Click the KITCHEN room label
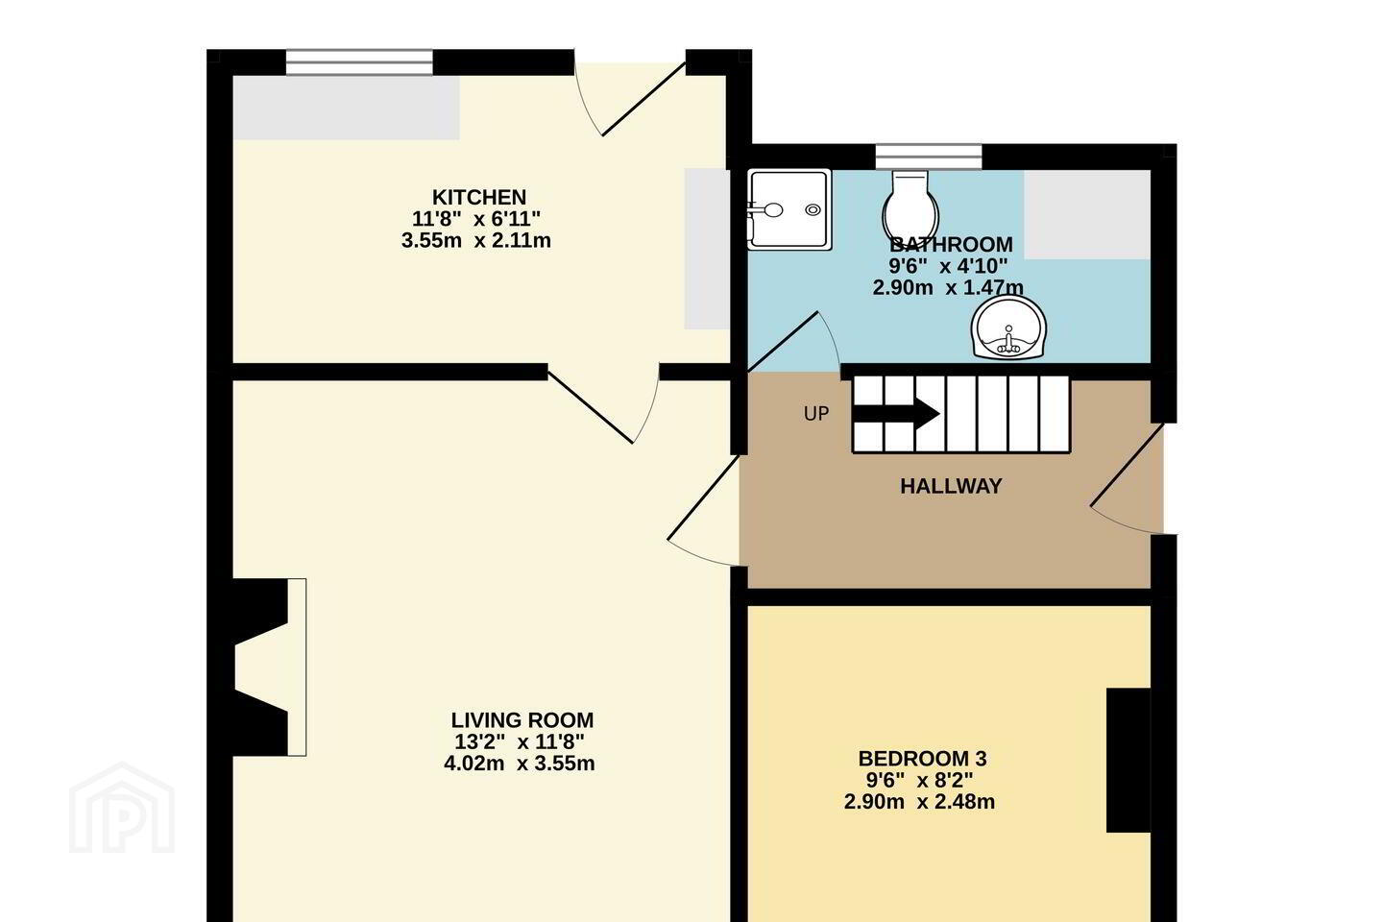click(479, 198)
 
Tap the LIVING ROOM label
click(522, 720)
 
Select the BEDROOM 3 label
click(922, 759)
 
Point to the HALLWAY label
click(951, 487)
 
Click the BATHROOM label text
click(951, 245)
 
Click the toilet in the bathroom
click(910, 206)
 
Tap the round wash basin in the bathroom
click(1008, 328)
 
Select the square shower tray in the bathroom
click(789, 209)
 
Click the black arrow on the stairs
click(896, 414)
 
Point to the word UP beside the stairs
click(816, 414)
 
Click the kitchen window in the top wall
click(359, 62)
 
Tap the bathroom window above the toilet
click(929, 157)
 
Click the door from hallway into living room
click(704, 510)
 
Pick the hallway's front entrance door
click(1128, 478)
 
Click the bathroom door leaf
click(783, 342)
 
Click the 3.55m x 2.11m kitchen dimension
click(476, 241)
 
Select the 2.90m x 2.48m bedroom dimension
click(919, 802)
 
